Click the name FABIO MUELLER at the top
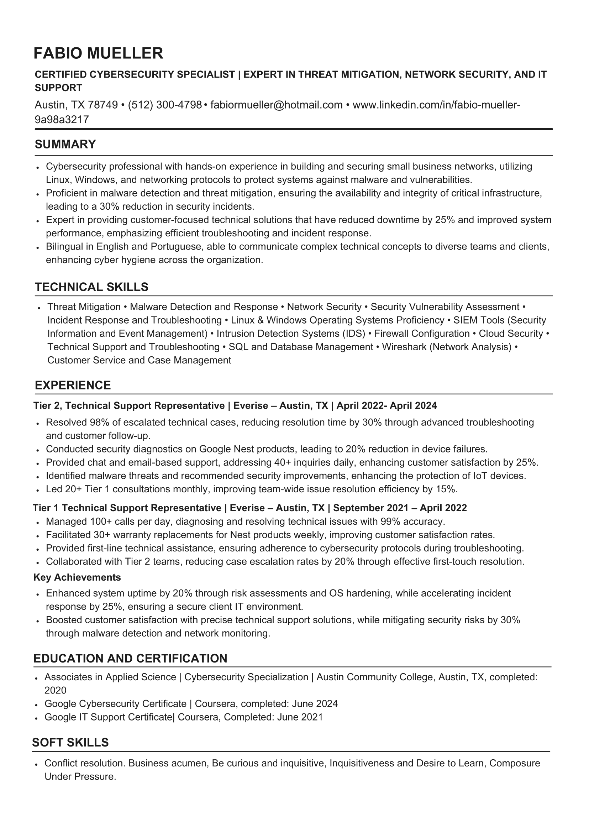(98, 53)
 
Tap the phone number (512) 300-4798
(165, 105)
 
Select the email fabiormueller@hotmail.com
(277, 105)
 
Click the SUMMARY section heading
(65, 145)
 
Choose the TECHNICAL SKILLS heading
(91, 287)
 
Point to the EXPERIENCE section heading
(73, 385)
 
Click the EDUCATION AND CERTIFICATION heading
(130, 658)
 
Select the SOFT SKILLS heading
(70, 742)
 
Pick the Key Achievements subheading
(77, 577)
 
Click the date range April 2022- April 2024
(386, 405)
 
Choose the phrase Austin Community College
(376, 677)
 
